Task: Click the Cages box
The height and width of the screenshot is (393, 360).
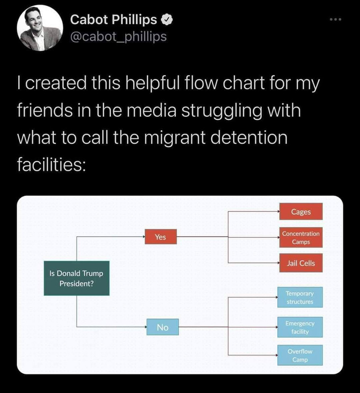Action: pos(301,211)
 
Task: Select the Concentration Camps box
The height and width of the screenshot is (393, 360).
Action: pos(301,238)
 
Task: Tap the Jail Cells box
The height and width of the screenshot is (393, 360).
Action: pos(301,263)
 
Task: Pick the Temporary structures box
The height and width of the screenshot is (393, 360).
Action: pos(300,297)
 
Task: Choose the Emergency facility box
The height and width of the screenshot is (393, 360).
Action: pos(300,327)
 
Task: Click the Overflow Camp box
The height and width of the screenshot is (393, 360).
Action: pos(300,356)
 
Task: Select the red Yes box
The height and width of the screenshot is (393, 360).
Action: pos(161,237)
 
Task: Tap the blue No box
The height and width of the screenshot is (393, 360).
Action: pos(163,327)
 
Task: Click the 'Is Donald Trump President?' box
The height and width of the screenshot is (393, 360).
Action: pos(77,278)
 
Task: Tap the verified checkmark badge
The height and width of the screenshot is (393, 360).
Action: pos(167,20)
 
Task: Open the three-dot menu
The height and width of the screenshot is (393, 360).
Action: pos(335,20)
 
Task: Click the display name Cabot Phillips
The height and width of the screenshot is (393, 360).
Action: pos(113,20)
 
